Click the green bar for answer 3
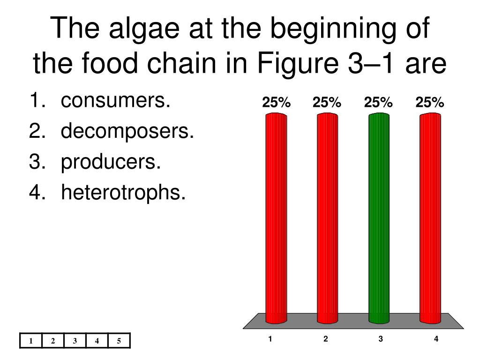click(x=379, y=218)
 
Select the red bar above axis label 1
click(x=276, y=218)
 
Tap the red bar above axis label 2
click(x=328, y=218)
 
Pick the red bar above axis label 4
click(x=430, y=218)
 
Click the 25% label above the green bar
click(x=378, y=102)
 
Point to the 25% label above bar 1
click(x=276, y=102)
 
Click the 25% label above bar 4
click(x=430, y=102)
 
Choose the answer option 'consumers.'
click(x=115, y=100)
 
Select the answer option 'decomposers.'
click(x=127, y=131)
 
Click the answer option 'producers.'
click(x=111, y=162)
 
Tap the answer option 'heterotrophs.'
click(x=123, y=192)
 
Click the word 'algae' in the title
click(x=144, y=30)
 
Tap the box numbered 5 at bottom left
click(x=119, y=341)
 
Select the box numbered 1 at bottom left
click(x=30, y=341)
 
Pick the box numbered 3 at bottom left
click(x=75, y=341)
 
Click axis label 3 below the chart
click(x=381, y=338)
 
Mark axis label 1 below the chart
click(x=270, y=338)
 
